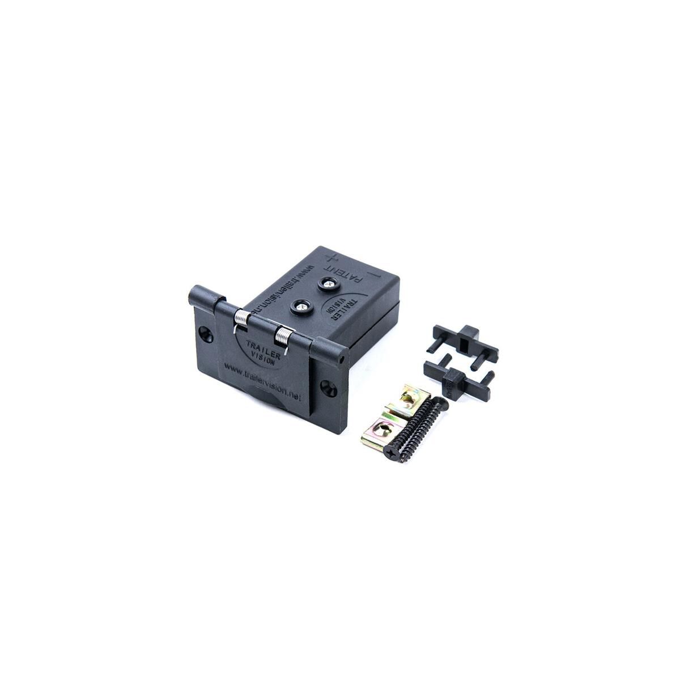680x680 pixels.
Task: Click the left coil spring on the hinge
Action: pos(241,320)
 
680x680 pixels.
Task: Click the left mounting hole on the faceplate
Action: pos(205,332)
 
